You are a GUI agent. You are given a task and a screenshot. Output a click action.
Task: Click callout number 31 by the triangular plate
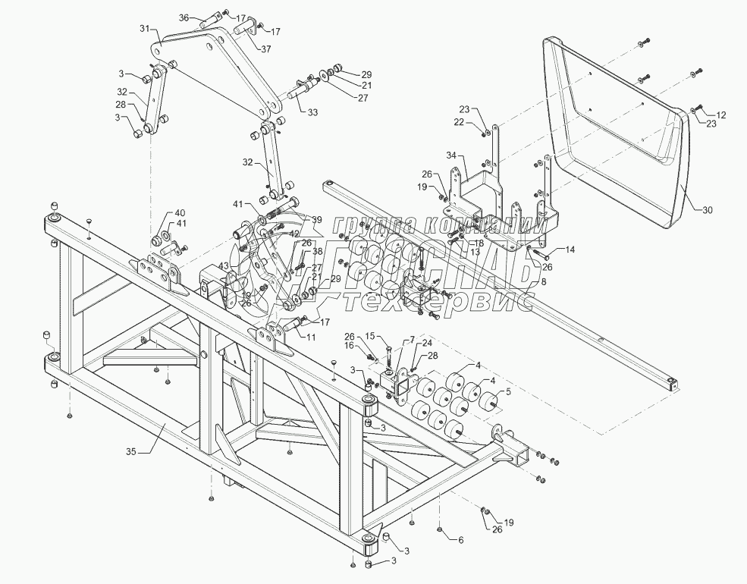[x=145, y=29]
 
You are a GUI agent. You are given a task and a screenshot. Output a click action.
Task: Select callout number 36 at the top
[x=184, y=18]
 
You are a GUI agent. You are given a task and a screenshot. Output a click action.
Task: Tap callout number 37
[x=266, y=49]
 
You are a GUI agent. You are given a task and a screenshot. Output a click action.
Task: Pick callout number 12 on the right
[x=720, y=115]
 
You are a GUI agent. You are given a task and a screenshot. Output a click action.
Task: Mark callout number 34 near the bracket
[x=451, y=155]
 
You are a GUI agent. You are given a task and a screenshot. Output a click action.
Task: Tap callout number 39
[x=316, y=220]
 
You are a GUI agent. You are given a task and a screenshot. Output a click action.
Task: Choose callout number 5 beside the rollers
[x=508, y=393]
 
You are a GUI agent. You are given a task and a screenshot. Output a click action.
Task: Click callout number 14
[x=570, y=250]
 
